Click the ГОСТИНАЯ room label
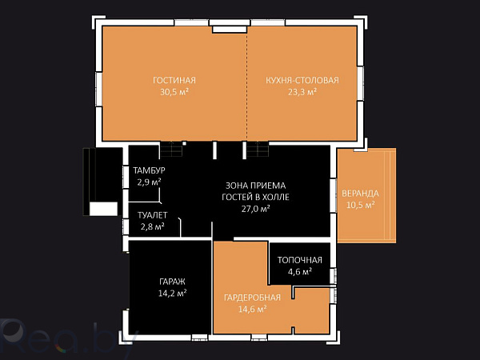coord(174,80)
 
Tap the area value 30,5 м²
coord(174,91)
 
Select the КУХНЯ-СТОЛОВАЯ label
coord(302,80)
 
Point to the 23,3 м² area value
coord(302,91)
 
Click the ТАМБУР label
coord(149,170)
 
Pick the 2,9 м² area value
coord(149,182)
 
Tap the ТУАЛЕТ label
coord(153,215)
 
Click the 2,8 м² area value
coord(153,227)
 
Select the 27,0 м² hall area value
coord(256,209)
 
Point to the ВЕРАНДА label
coord(360,194)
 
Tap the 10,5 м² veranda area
coord(360,205)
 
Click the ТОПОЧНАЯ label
coord(300,260)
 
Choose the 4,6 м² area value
coord(300,271)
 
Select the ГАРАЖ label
coord(172,282)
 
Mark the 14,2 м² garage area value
coord(172,294)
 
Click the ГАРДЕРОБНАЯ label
coord(252,298)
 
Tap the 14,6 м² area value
coord(252,309)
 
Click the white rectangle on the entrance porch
coord(103,209)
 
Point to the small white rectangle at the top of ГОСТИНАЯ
coord(230,30)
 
